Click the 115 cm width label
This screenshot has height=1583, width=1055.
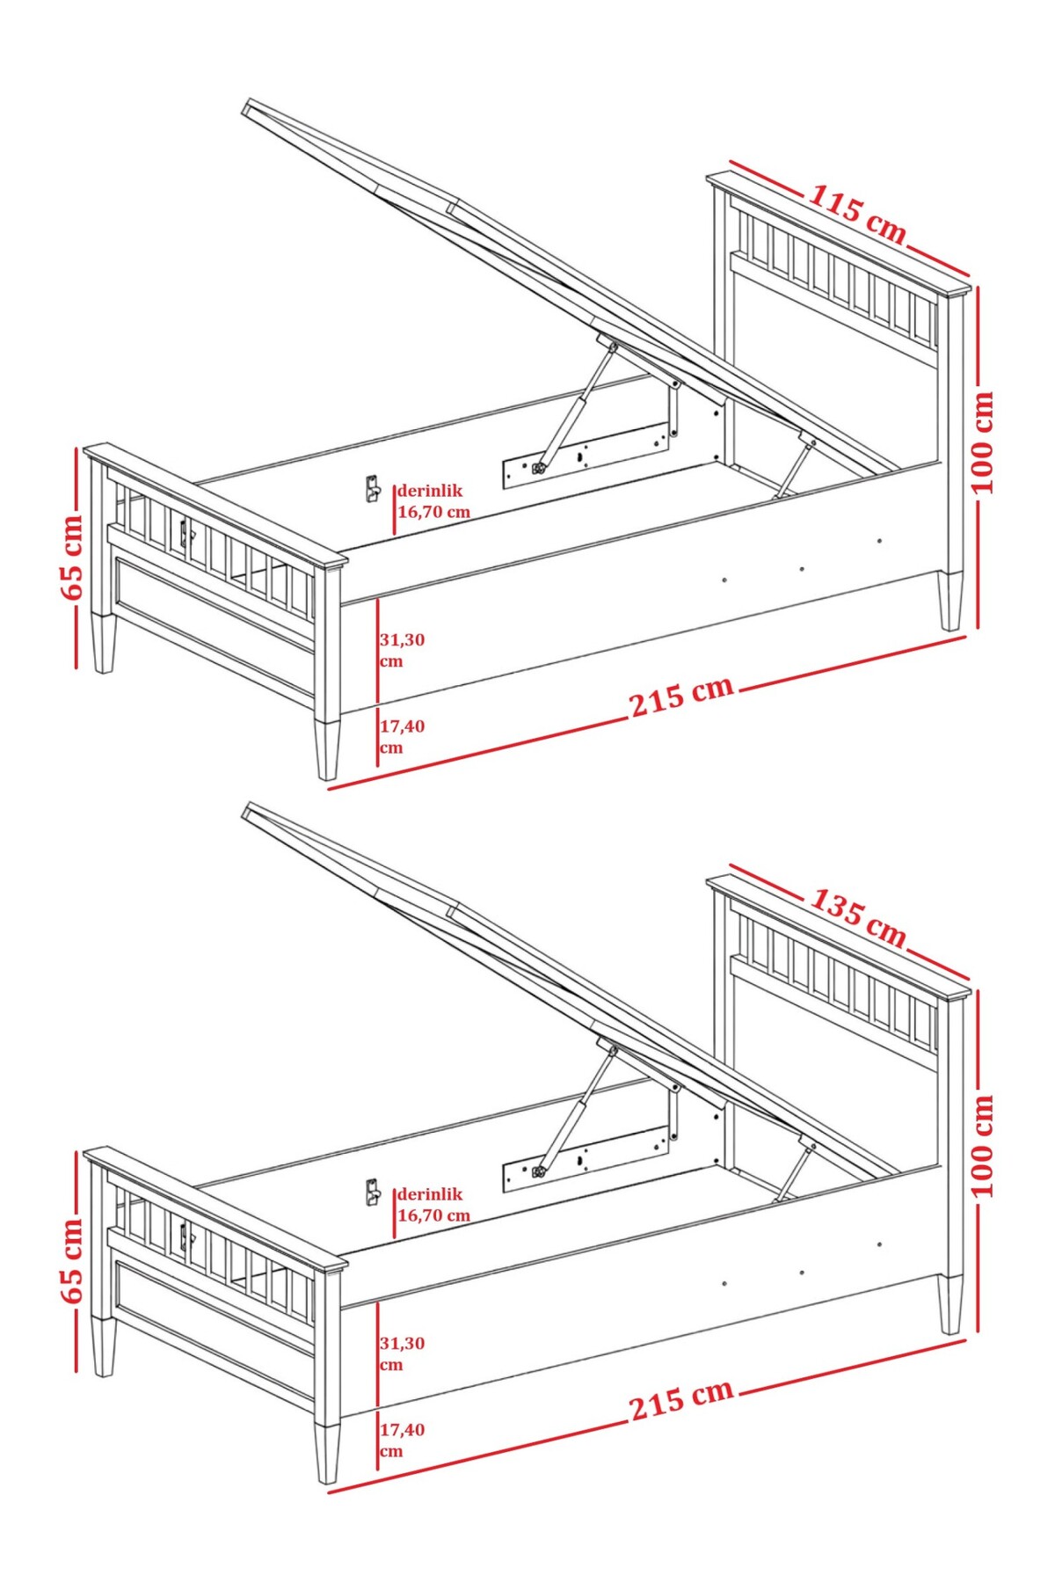coord(857,214)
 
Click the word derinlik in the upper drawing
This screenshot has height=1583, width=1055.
coord(430,491)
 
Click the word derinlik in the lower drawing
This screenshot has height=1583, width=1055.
coord(430,1194)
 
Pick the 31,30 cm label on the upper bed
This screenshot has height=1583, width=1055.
coord(402,650)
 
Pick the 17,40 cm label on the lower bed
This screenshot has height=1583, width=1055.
coord(402,1441)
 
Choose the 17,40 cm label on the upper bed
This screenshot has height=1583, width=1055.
coord(402,737)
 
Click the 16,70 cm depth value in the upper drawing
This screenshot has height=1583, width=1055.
coord(434,512)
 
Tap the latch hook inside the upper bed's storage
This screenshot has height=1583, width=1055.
coord(372,488)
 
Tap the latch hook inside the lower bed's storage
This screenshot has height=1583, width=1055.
coord(372,1192)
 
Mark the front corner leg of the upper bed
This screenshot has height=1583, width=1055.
coord(327,749)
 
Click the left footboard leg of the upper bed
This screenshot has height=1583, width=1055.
coord(104,643)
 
